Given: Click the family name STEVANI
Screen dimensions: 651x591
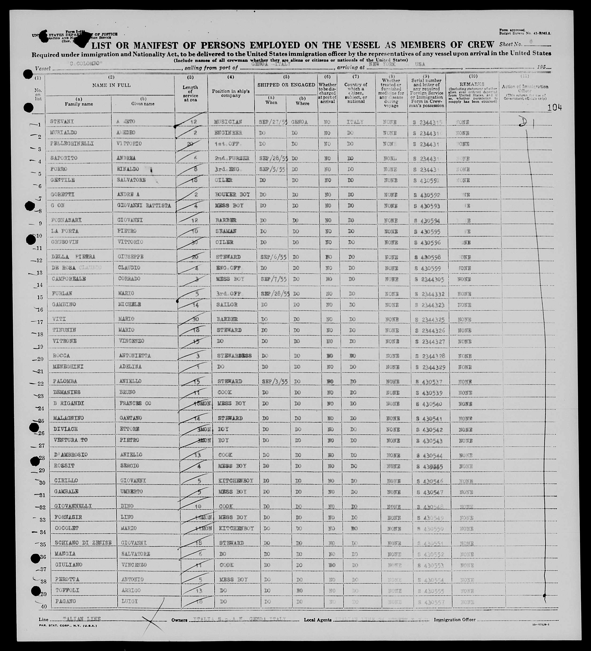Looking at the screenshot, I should tap(62, 121).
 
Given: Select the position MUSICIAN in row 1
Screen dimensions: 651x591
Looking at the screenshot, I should tap(228, 122).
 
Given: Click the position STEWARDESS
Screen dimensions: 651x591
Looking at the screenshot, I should tap(234, 355).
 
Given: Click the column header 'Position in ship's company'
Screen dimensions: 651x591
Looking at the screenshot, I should tap(231, 93).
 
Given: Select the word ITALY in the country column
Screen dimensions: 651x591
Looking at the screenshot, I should tap(355, 122).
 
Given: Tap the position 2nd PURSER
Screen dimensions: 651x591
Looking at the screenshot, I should tap(232, 158).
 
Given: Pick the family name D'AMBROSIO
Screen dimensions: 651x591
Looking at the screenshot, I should tap(71, 455).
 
